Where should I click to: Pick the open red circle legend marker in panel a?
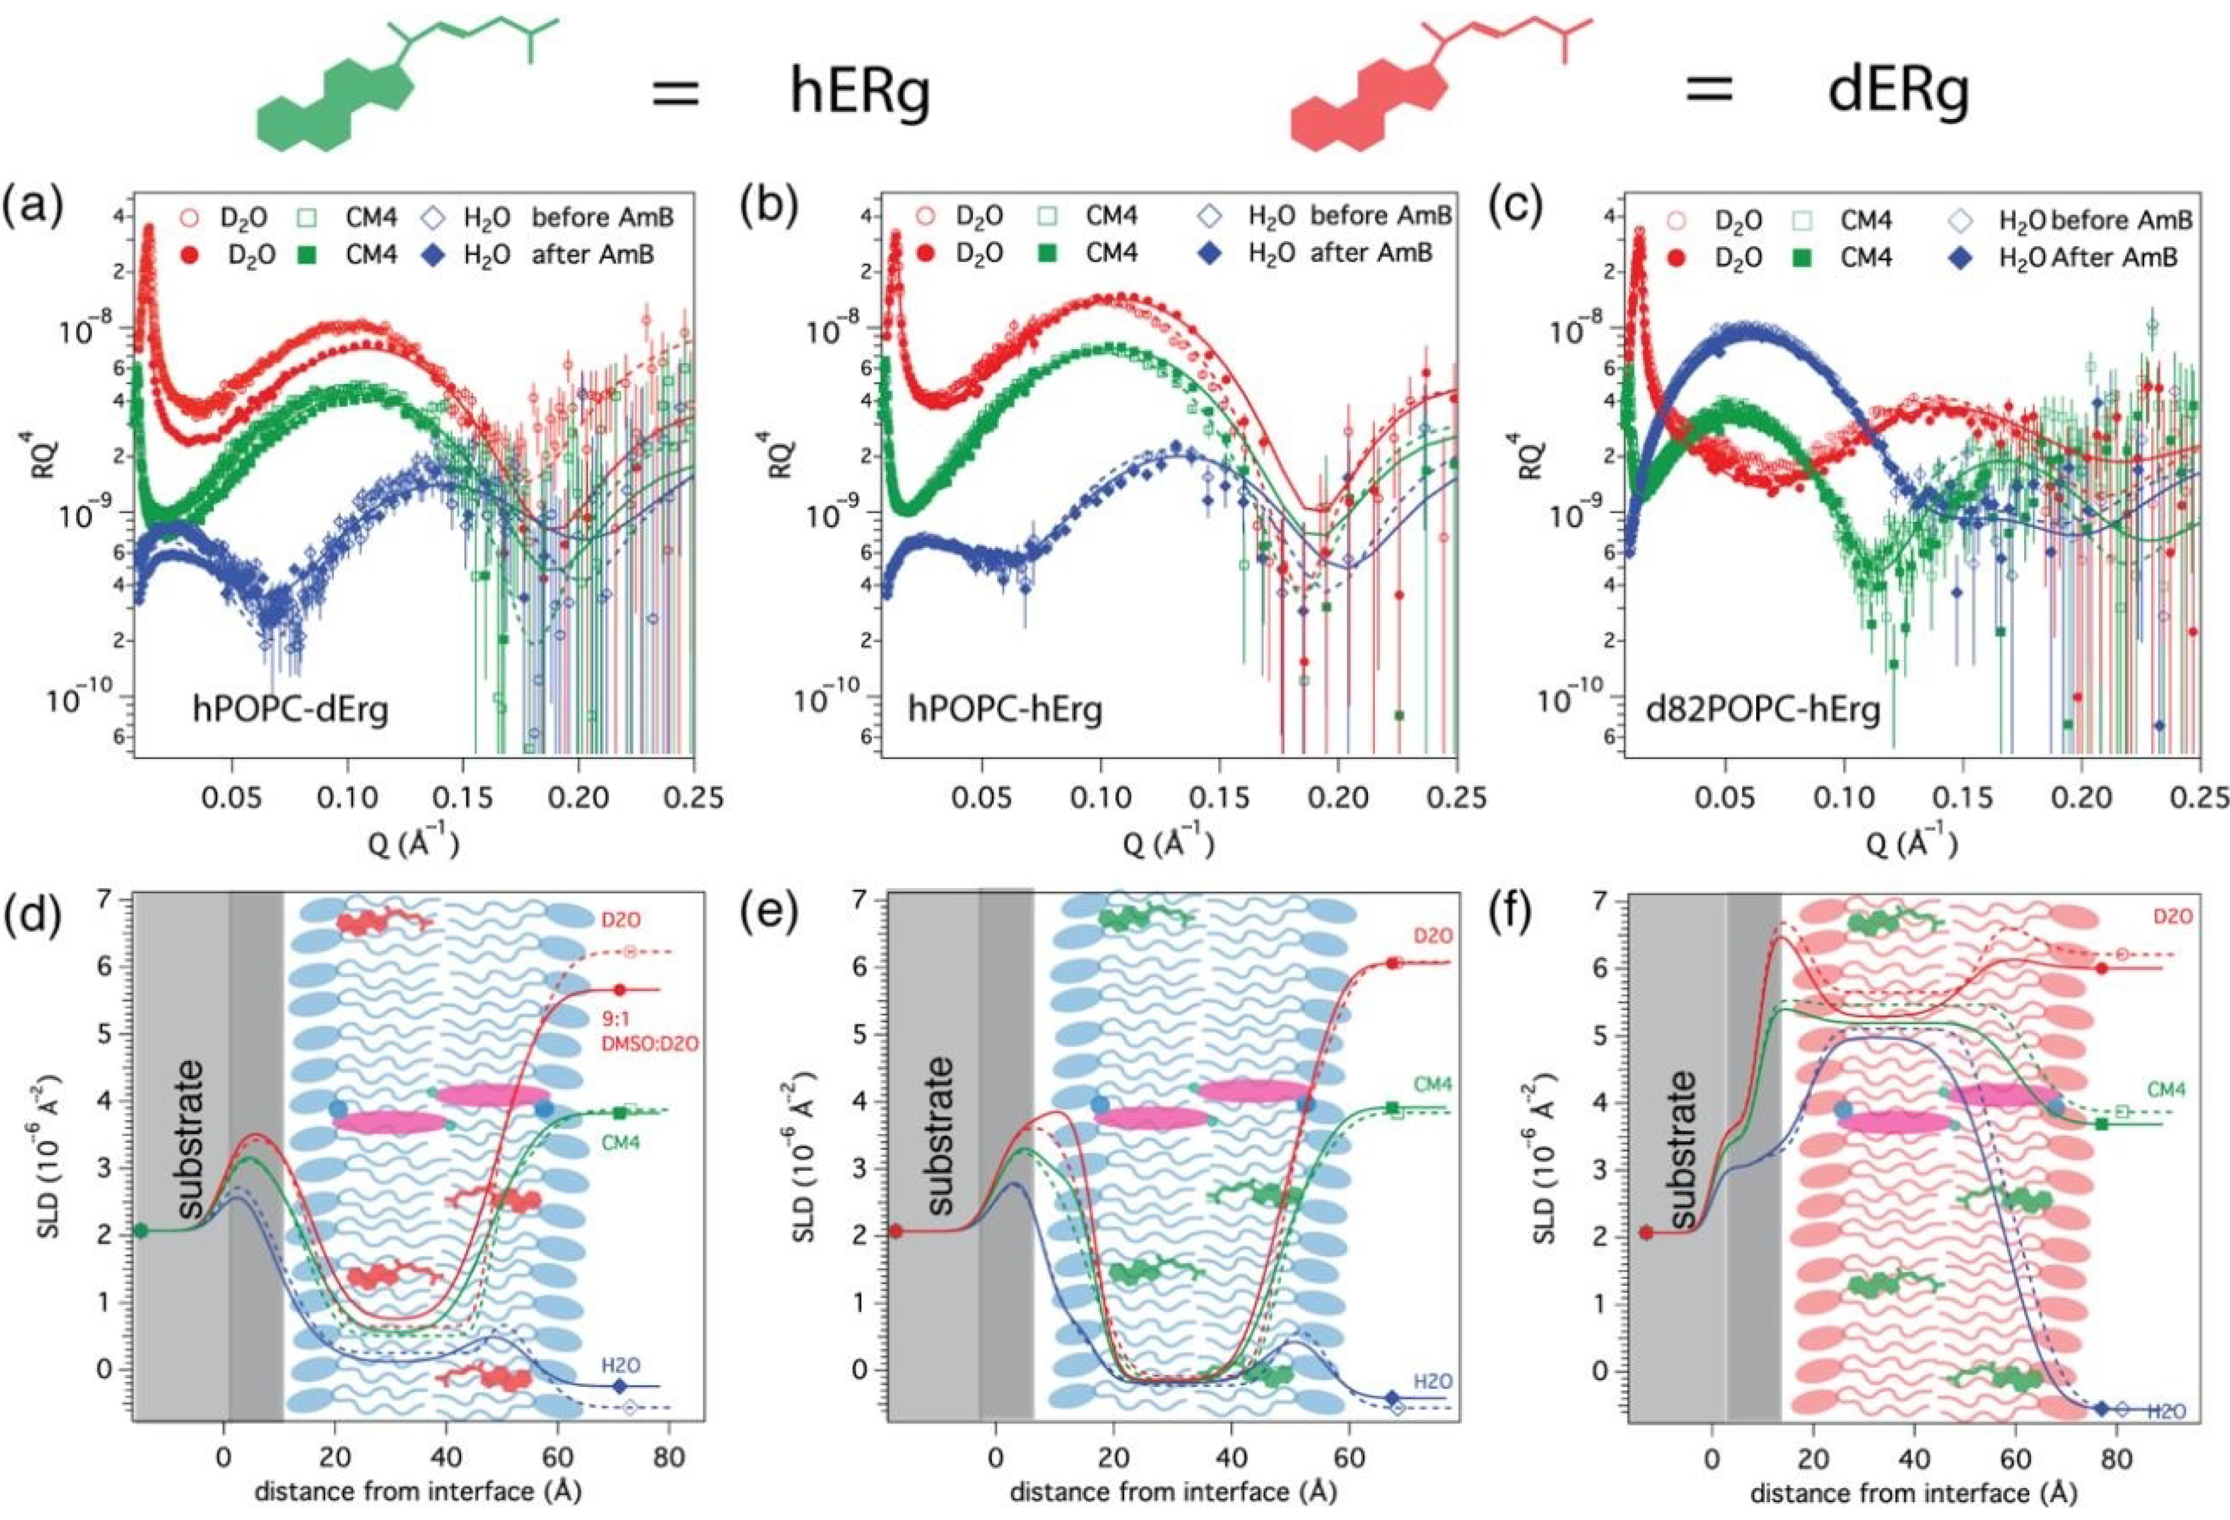(x=190, y=218)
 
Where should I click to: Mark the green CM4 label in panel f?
(x=2165, y=1091)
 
